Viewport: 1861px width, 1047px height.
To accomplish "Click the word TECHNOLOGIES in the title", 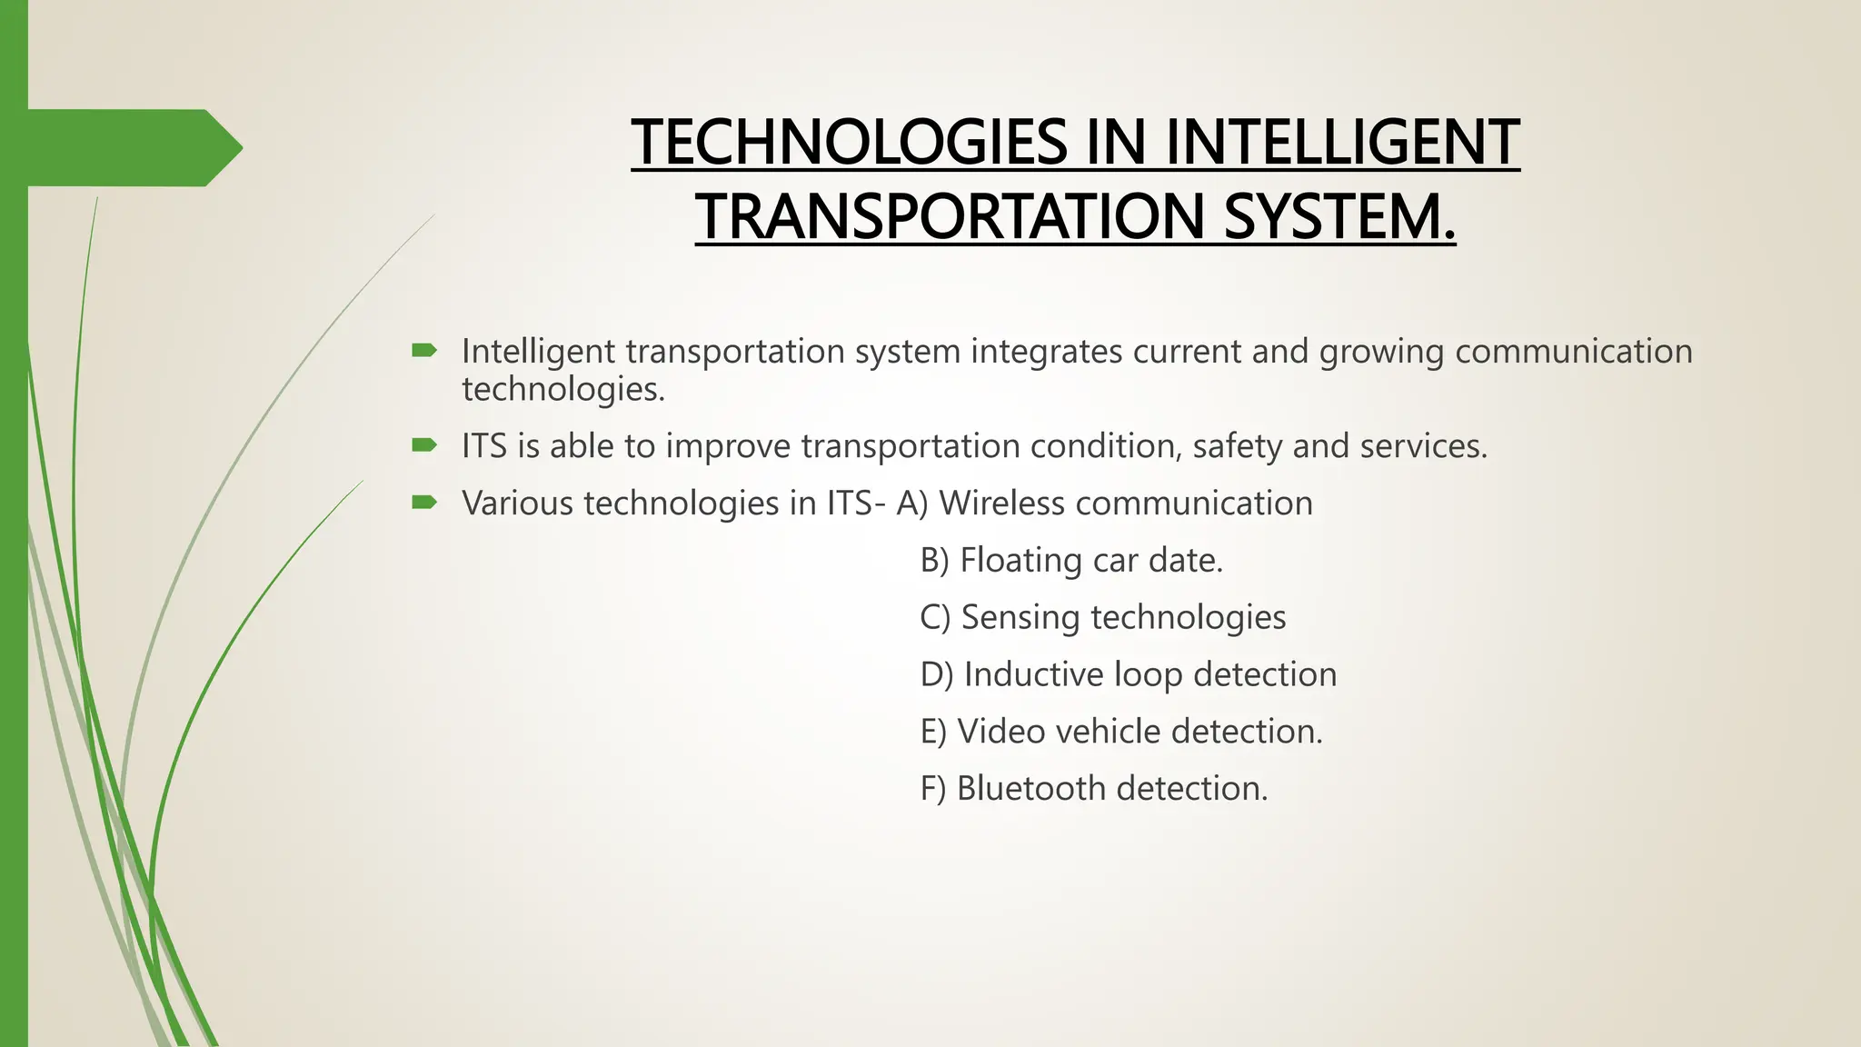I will click(849, 143).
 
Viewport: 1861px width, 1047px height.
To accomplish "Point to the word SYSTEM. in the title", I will click(1339, 217).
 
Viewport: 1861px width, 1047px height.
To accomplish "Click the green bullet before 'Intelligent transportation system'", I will click(424, 350).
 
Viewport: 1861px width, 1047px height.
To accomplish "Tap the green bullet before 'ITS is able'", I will click(424, 445).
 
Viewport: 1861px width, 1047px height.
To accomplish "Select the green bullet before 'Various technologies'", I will click(424, 502).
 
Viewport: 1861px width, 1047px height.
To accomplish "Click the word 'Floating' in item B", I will click(1020, 560).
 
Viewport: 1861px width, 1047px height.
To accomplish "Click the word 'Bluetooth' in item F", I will click(1031, 788).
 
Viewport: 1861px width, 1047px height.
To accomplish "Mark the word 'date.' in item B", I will click(1186, 560).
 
